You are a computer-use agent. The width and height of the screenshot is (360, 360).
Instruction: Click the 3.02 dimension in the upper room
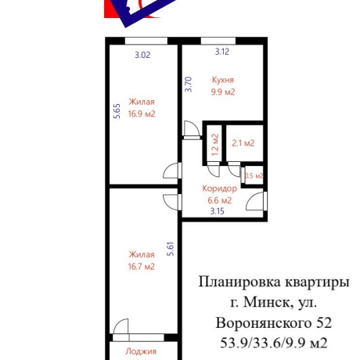pos(142,55)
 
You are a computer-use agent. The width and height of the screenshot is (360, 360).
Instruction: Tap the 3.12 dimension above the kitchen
pos(222,52)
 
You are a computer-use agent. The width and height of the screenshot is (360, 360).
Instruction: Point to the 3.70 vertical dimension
pos(189,85)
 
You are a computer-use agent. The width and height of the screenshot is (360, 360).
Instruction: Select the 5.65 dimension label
pos(117,111)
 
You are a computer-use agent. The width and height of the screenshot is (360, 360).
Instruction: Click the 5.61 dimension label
pos(171,249)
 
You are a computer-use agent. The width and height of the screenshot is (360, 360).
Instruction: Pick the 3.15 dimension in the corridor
pos(218,211)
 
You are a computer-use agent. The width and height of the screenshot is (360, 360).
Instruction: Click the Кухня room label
pos(223,80)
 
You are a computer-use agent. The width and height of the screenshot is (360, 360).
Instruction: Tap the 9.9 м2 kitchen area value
pos(223,92)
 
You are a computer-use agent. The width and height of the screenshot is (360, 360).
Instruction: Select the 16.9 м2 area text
pos(142,113)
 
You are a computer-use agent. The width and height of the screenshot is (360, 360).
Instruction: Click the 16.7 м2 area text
pos(142,267)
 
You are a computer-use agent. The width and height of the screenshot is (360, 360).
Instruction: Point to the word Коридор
pos(220,189)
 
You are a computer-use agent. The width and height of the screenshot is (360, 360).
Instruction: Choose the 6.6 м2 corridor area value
pos(220,200)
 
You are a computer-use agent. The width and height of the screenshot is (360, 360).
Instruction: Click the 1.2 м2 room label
pos(215,145)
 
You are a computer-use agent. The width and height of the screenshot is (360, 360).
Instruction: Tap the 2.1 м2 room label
pos(243,143)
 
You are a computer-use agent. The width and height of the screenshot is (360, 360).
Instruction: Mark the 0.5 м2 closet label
pos(254,175)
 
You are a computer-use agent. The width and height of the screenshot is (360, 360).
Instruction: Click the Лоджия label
pos(141,351)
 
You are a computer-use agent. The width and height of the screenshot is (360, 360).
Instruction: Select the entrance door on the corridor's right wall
pos(257,201)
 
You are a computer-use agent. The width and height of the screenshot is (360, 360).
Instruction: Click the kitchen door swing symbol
pos(192,130)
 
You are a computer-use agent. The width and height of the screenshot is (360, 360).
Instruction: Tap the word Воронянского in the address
pos(264,323)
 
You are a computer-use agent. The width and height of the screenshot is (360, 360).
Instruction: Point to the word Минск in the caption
pos(267,303)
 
